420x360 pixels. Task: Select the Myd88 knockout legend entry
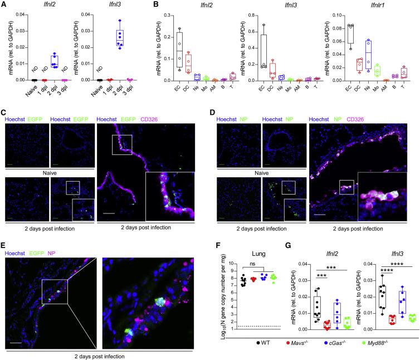coord(401,354)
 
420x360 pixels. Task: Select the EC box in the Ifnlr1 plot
coord(335,34)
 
